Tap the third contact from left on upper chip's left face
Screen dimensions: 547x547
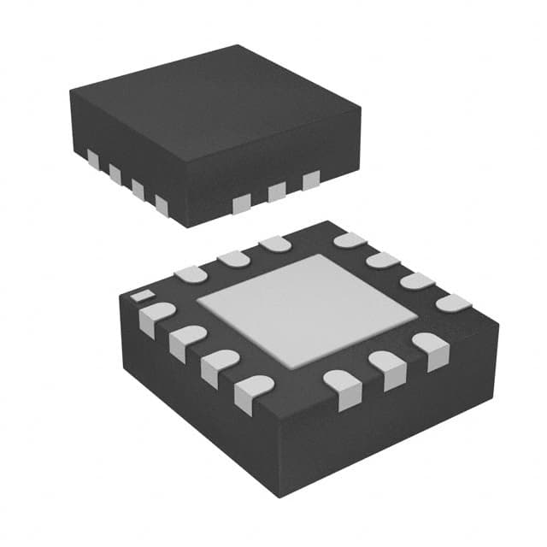coord(138,187)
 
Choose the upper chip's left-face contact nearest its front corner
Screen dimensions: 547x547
coord(162,203)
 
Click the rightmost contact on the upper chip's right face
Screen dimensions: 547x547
coord(310,179)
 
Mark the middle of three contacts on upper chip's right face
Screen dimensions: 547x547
coord(277,191)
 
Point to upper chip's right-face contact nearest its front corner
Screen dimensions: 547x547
coord(244,203)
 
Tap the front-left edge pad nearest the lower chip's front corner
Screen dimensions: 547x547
coord(249,391)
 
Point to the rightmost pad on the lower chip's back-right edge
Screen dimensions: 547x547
coord(454,303)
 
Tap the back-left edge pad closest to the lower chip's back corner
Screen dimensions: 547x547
coord(275,244)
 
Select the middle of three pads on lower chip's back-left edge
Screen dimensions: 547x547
coord(232,257)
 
